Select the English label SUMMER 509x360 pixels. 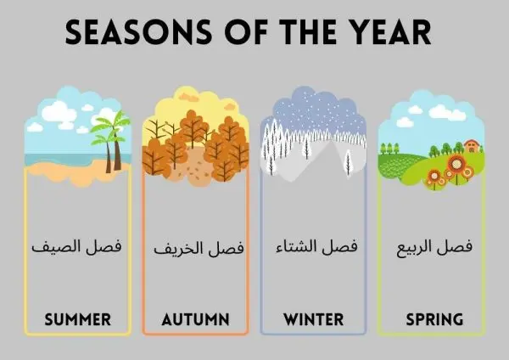click(77, 320)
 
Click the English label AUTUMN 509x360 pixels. click(196, 320)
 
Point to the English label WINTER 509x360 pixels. click(313, 320)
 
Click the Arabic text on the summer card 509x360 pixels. click(77, 249)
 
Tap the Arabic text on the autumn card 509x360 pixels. click(198, 249)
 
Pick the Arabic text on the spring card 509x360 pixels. click(433, 249)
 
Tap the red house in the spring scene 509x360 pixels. click(472, 146)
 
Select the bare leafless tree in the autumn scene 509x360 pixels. click(158, 129)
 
